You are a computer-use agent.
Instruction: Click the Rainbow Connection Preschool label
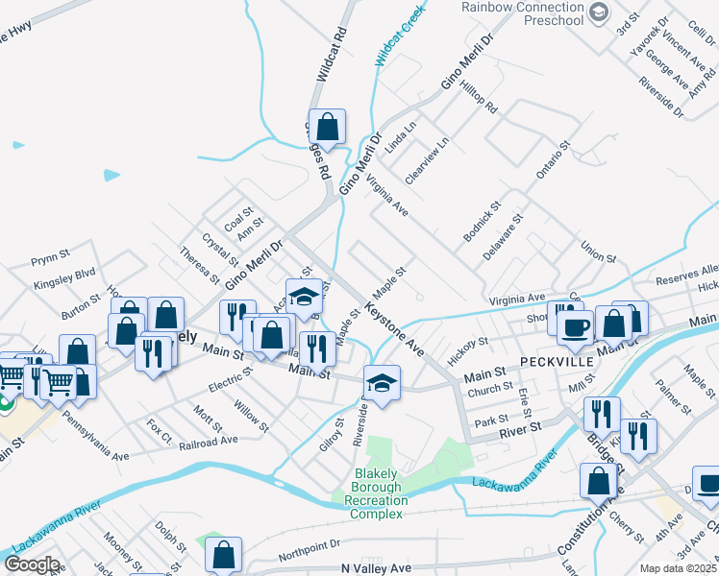click(x=522, y=12)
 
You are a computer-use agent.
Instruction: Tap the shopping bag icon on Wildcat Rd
click(x=327, y=127)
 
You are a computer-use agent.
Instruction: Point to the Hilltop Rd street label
click(x=478, y=96)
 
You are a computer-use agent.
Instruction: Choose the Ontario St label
click(x=554, y=157)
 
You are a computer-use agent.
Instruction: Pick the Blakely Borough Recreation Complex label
click(x=369, y=488)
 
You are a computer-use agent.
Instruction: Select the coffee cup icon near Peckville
click(x=575, y=327)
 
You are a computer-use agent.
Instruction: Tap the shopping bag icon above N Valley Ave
click(x=223, y=554)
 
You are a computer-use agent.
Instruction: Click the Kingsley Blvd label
click(x=64, y=273)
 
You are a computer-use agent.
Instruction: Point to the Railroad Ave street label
click(x=209, y=440)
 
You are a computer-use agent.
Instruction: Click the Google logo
click(x=32, y=564)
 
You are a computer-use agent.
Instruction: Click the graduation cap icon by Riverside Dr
click(x=382, y=383)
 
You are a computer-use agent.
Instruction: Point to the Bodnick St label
click(x=483, y=220)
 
